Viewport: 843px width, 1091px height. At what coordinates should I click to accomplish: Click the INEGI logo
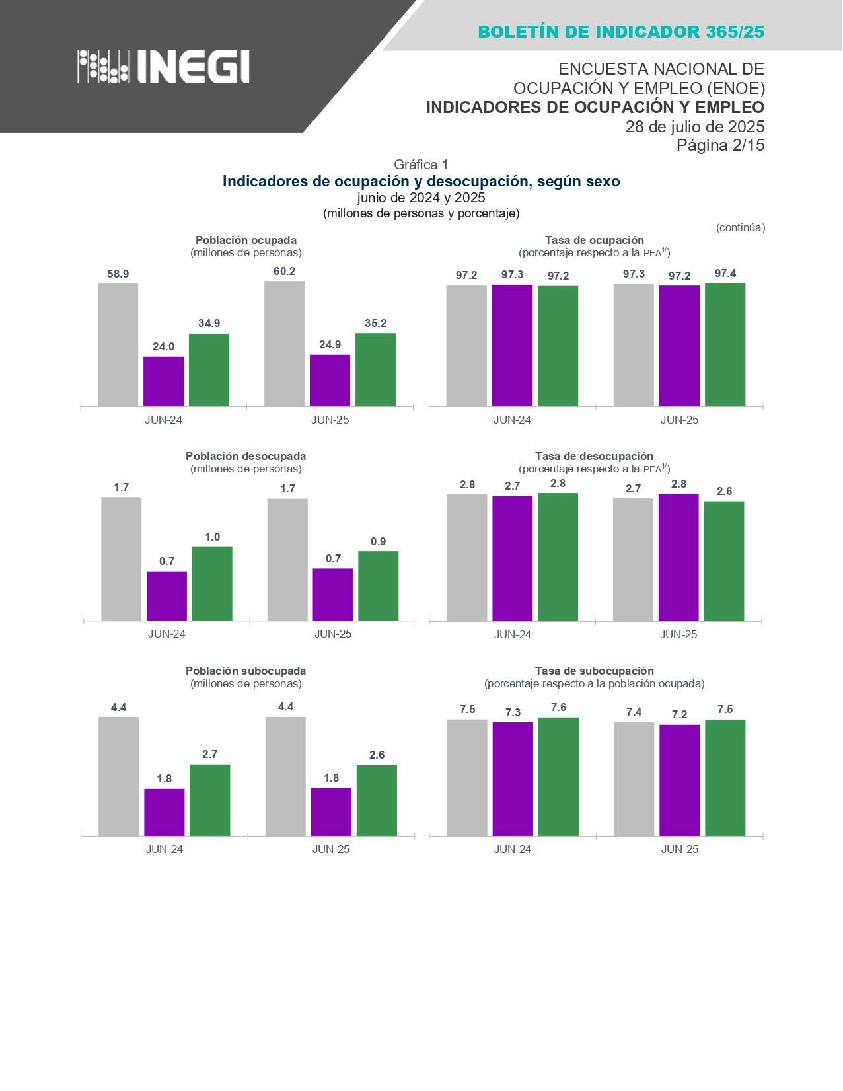coord(164,66)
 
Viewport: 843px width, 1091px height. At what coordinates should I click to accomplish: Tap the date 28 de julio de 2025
coord(695,126)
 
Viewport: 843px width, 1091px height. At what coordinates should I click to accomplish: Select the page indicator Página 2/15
coord(720,145)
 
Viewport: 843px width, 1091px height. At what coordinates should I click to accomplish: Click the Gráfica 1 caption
coord(421,165)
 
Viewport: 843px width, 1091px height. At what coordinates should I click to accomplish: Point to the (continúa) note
coord(740,227)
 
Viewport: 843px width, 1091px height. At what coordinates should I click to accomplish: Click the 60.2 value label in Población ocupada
coord(284,271)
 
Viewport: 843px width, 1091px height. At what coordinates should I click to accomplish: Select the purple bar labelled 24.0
coord(163,381)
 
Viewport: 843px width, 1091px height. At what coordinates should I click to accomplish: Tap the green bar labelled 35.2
coord(375,369)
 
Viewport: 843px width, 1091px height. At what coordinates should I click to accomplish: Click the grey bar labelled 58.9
coord(118,345)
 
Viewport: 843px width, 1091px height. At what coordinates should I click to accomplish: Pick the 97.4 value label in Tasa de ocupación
coord(725,273)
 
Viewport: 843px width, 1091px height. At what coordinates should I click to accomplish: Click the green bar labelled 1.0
coord(212,583)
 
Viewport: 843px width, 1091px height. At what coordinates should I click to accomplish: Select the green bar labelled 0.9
coord(378,585)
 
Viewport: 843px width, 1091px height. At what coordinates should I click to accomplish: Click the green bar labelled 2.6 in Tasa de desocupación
coord(724,561)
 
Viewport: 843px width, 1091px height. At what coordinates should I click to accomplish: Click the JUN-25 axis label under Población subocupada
coord(331,849)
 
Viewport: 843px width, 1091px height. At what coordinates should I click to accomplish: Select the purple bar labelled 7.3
coord(513,778)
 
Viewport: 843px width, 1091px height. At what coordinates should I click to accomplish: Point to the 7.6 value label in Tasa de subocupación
coord(558,708)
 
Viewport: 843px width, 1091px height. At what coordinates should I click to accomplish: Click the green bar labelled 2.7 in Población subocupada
coord(210,800)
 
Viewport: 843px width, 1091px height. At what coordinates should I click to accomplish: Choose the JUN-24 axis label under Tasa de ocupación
coord(512,420)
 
